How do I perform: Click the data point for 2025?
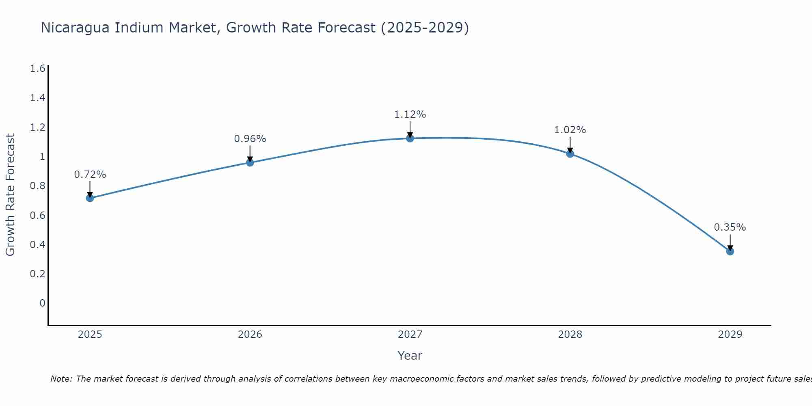[x=90, y=198]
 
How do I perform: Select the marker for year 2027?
[x=410, y=138]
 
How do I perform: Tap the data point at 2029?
[x=730, y=251]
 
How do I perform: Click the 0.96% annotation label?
[x=250, y=139]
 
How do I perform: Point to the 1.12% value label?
[x=410, y=114]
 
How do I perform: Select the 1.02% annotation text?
[x=570, y=130]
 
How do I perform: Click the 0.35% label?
[x=730, y=227]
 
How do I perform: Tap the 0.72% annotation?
[x=90, y=175]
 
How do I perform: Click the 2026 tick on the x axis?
[x=250, y=335]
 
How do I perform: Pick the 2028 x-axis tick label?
[x=570, y=335]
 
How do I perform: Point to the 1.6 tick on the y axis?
[x=38, y=69]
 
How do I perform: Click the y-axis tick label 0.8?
[x=38, y=186]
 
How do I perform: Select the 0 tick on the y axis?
[x=42, y=303]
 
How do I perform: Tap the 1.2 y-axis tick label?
[x=38, y=127]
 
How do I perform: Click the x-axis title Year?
[x=410, y=356]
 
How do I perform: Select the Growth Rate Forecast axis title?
[x=10, y=195]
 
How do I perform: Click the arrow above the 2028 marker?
[x=570, y=144]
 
